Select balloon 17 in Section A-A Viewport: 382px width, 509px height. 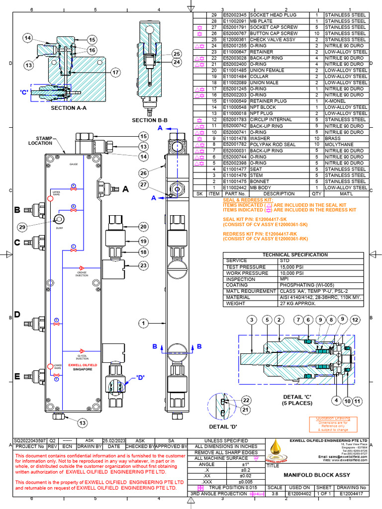[115, 73]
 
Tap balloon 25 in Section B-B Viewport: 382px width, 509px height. [177, 54]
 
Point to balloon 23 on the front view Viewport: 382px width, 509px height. [144, 265]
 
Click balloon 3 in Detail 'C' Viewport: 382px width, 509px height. [252, 319]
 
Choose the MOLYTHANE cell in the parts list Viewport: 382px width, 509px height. [340, 144]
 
